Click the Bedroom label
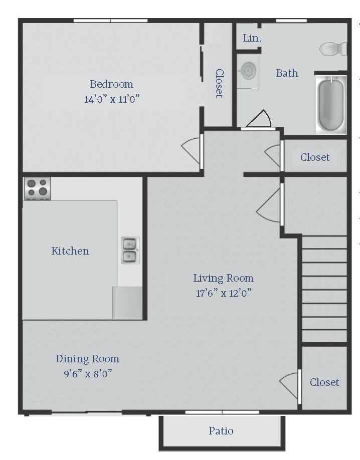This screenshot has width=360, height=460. tap(112, 84)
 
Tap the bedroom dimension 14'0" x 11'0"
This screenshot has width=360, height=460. tap(112, 99)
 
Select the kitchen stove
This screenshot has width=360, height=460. tap(38, 188)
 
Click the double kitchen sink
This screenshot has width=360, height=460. tap(129, 250)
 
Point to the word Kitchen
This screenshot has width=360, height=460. tap(70, 251)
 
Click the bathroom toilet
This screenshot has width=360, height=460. tap(333, 49)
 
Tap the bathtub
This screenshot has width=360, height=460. tap(331, 105)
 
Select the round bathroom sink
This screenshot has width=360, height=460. tap(248, 71)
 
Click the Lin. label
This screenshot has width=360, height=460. tap(252, 38)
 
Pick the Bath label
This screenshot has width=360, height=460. tap(287, 73)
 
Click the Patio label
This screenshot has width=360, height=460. tap(221, 430)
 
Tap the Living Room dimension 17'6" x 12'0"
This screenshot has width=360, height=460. tap(224, 293)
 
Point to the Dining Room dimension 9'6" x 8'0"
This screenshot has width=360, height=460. tap(88, 374)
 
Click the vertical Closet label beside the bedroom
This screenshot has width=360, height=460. tap(219, 83)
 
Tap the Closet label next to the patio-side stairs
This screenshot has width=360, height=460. tap(324, 382)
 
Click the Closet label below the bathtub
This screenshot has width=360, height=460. tap(315, 157)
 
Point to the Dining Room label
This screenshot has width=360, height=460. tap(88, 359)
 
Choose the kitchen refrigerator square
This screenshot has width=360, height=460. tap(128, 303)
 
